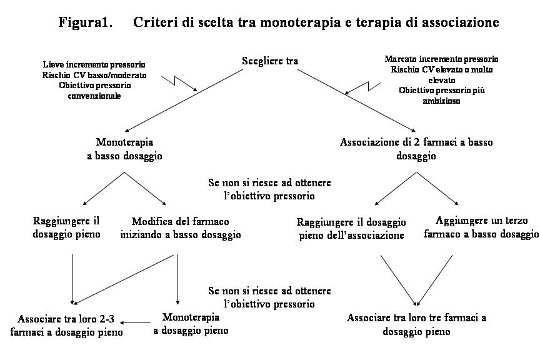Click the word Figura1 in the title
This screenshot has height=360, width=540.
point(86,22)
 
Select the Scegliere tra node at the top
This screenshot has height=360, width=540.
point(270,61)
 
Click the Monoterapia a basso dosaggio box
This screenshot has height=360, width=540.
point(124,149)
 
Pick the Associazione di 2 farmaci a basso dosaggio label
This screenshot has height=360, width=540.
point(416,149)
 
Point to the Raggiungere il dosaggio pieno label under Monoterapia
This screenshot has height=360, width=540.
point(66,227)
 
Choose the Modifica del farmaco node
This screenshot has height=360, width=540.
point(181,227)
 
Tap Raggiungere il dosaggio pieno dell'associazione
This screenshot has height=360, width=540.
point(351,228)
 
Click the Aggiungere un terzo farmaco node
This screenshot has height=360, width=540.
point(481,227)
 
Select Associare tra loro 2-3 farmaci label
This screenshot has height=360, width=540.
point(66,325)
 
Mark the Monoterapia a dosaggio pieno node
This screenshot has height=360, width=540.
point(191,324)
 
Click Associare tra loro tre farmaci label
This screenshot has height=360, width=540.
point(416,324)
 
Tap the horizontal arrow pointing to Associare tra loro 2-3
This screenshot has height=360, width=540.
point(135,322)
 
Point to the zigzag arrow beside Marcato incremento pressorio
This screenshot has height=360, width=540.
point(362,88)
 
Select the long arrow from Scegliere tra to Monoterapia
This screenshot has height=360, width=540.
point(184,101)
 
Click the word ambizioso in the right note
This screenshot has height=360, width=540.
point(441,101)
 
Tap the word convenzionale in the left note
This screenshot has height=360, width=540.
point(94,96)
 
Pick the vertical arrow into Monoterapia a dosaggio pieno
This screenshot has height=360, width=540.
point(177,279)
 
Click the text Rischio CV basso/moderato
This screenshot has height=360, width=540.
point(94,75)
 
